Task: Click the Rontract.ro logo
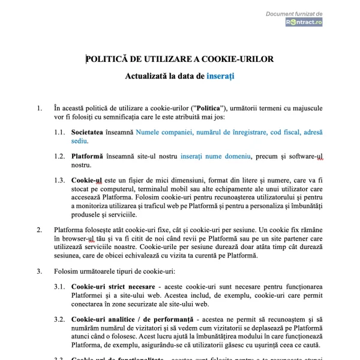[304, 22]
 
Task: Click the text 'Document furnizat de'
[295, 13]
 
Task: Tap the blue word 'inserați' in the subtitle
[220, 77]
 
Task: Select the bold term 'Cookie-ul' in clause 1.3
[87, 179]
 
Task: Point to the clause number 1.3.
[59, 179]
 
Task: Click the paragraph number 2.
[40, 230]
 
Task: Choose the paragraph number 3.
[40, 271]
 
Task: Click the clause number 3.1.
[59, 287]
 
